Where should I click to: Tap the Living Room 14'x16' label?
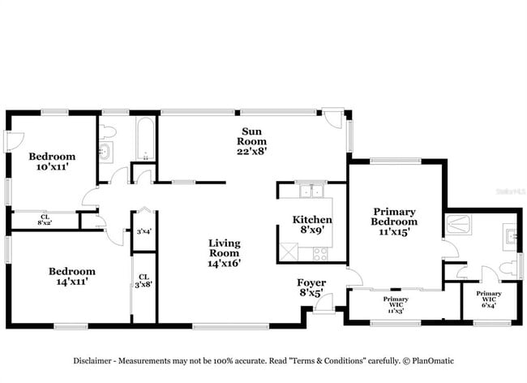[x=225, y=252]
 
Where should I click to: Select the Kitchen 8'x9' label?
[x=312, y=225]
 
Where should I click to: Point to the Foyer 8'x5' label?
[x=311, y=287]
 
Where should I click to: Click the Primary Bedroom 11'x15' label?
[x=394, y=221]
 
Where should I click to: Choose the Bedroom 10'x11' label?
[x=52, y=161]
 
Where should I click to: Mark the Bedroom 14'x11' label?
[x=71, y=277]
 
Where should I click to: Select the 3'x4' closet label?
[x=144, y=232]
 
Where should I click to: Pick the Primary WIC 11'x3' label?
[x=396, y=303]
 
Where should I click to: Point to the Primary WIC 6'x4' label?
[x=488, y=299]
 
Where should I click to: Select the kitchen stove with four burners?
[x=320, y=253]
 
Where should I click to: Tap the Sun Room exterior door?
[x=332, y=119]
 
